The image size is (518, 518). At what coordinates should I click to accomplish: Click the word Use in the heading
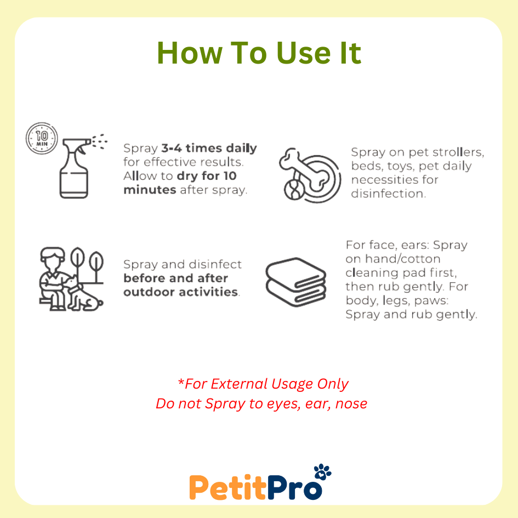point(304,53)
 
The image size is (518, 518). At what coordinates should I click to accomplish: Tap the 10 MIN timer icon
point(42,139)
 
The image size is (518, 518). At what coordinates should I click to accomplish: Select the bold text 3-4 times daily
point(209,149)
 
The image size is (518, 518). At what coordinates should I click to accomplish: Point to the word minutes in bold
point(150,190)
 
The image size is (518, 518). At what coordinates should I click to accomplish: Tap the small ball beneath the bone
point(294,190)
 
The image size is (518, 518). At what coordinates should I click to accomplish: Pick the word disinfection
point(389,193)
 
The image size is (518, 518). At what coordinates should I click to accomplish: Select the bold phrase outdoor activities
point(181,292)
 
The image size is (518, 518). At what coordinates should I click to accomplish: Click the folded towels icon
point(296,282)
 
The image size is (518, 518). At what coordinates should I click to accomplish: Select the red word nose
point(351,404)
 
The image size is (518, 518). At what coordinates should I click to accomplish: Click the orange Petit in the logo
point(228,487)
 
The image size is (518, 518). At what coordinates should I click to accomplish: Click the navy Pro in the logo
point(295,487)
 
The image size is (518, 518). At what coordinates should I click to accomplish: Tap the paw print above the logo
point(322,471)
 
